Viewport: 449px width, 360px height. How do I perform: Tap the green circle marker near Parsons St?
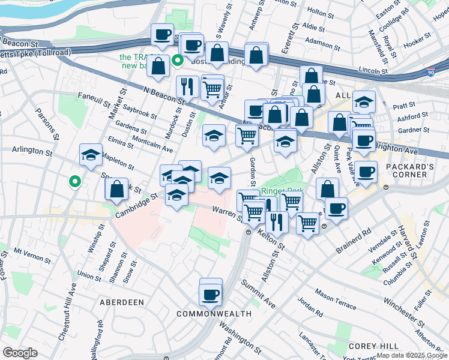click(x=74, y=181)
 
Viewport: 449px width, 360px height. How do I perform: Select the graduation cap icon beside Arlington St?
click(x=91, y=155)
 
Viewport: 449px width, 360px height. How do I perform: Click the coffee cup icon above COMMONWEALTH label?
click(x=211, y=294)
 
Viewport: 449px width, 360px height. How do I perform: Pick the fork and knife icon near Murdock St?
click(x=187, y=86)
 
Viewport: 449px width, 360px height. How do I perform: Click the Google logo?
click(x=20, y=353)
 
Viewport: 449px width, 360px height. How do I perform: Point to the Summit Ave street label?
click(x=259, y=293)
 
